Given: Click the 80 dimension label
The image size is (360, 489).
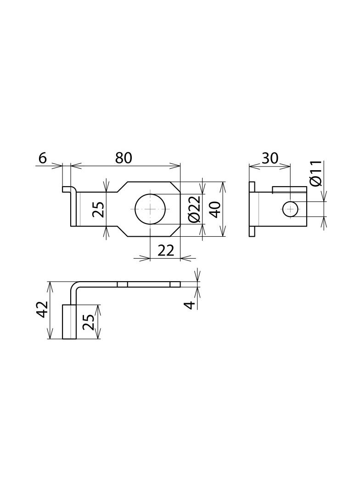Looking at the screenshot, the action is (124, 158).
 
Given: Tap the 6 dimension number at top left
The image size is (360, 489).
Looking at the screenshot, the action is (42, 158).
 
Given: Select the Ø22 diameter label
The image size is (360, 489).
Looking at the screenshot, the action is (194, 210).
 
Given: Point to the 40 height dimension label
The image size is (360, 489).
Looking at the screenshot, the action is (215, 209).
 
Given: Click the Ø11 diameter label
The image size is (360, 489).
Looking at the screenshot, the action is (316, 173).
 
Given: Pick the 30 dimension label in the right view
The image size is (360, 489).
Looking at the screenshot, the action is (270, 158).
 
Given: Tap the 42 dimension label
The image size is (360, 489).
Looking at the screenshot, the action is (42, 310).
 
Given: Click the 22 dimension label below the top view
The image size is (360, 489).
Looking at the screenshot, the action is (165, 250).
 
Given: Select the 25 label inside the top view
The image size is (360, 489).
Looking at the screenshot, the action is (99, 210).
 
